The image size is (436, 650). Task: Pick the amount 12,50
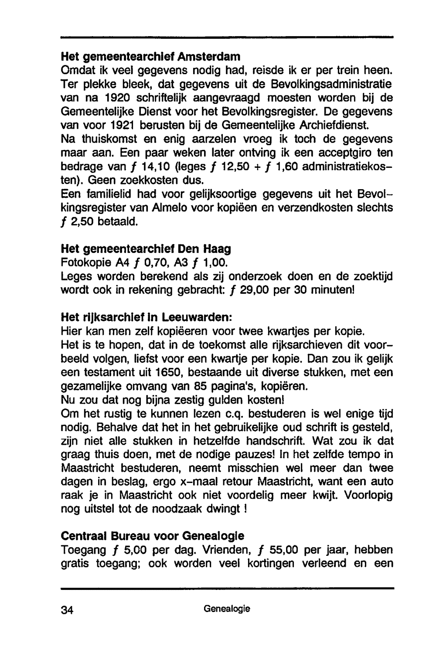point(244,167)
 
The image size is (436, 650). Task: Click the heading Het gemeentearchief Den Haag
point(146,249)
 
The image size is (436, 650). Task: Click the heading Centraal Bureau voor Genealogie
point(153,535)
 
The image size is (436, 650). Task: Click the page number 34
point(68,610)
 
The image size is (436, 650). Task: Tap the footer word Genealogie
point(227,609)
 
